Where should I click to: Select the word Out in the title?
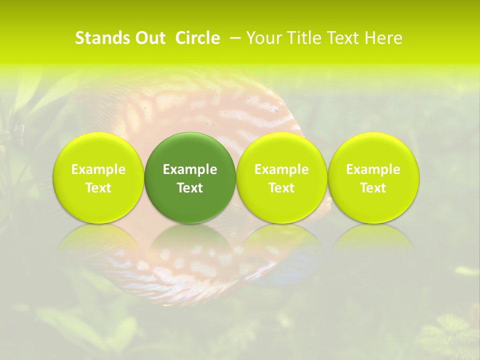[x=149, y=38]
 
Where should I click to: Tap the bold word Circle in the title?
[x=197, y=38]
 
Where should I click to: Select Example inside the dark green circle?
[x=190, y=169]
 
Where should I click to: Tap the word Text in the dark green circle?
[x=190, y=188]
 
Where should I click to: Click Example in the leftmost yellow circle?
[x=98, y=169]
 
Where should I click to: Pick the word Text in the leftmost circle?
[x=98, y=188]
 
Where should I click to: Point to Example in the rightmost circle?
[x=373, y=169]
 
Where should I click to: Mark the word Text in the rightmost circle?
[x=373, y=188]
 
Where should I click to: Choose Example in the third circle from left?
[x=281, y=169]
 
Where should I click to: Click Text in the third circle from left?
[x=281, y=188]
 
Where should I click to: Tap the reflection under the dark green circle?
[x=190, y=240]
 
